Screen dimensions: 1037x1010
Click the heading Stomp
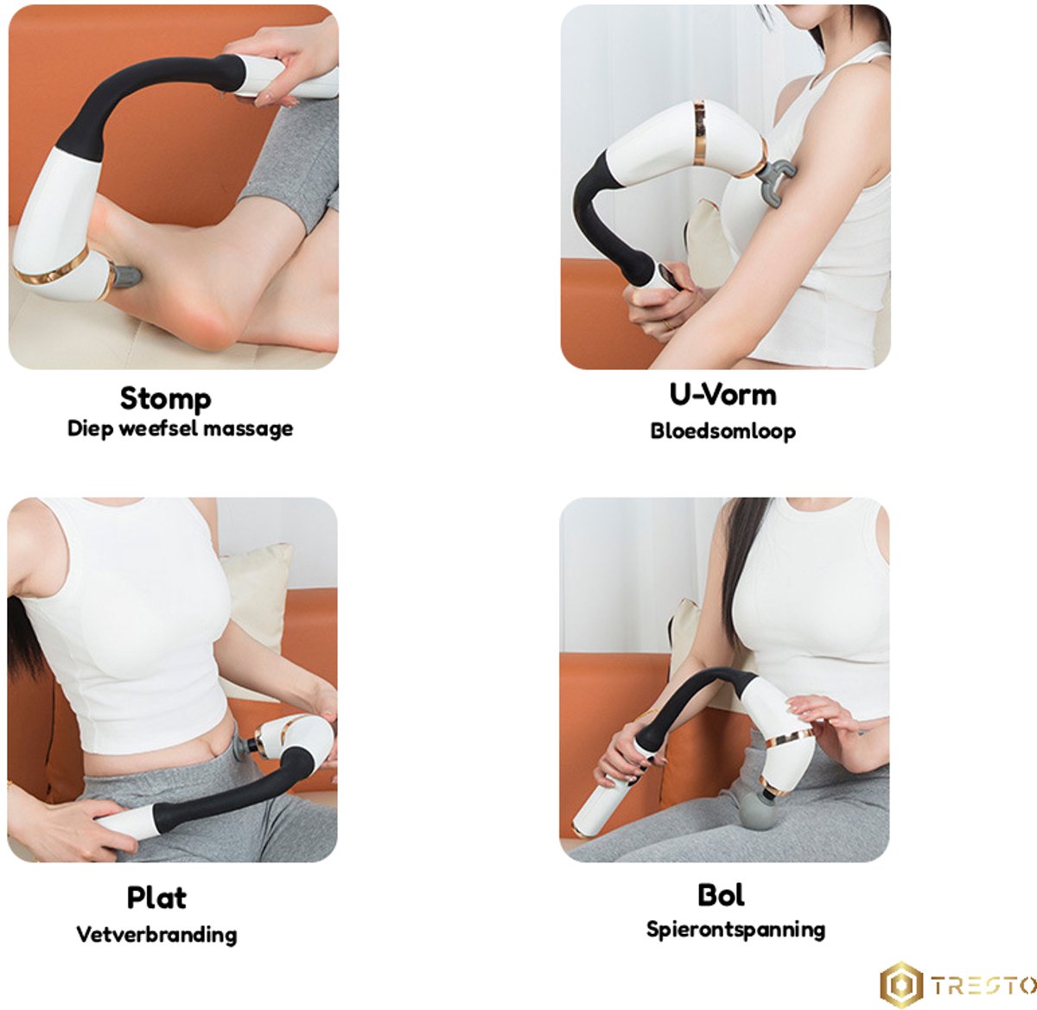165,399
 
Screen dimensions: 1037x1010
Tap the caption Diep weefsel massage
180,429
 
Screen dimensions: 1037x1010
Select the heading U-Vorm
722,395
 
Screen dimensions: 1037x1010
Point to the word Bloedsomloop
722,431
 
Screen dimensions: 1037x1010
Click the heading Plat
156,898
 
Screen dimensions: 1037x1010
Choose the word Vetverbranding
156,934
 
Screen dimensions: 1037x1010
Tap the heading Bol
721,895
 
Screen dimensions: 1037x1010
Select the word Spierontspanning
735,930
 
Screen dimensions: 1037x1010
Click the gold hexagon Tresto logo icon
901,985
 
